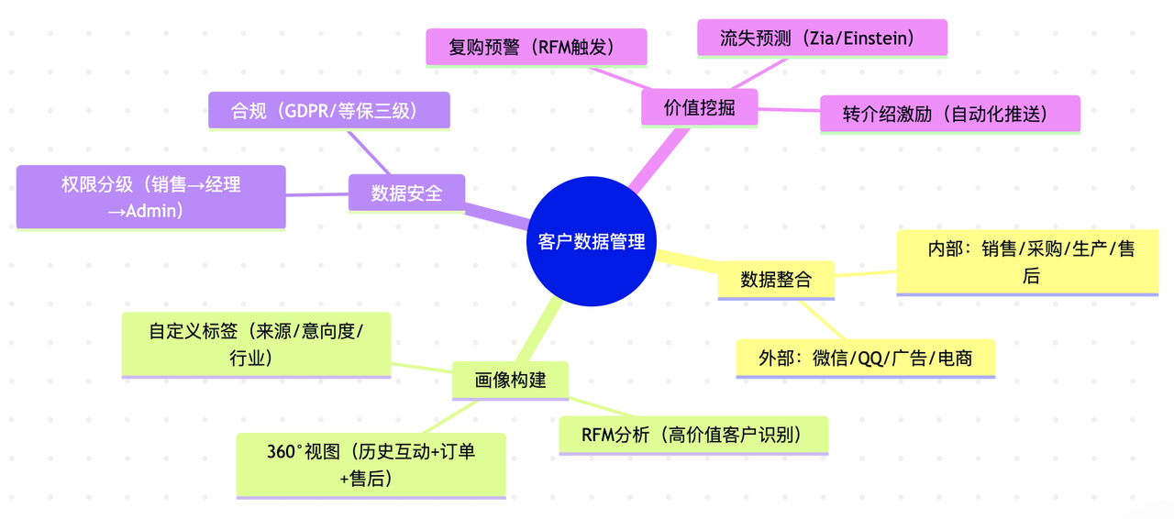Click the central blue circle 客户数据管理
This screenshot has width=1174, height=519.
tap(591, 241)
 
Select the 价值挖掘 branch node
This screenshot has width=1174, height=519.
tap(699, 107)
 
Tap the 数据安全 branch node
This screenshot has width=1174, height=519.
tap(406, 193)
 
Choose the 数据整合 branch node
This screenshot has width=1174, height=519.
tap(775, 279)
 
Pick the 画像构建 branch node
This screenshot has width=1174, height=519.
tap(510, 380)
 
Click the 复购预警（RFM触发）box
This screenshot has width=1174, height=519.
tap(536, 47)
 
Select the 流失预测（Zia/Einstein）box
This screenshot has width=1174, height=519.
tap(821, 39)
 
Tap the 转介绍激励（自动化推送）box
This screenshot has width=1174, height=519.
tap(949, 114)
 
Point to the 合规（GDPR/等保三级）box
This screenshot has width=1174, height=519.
tap(328, 110)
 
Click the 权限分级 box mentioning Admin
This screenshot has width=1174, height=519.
tap(150, 196)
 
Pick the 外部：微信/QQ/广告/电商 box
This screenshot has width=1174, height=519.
tap(865, 358)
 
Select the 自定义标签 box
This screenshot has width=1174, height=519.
tap(256, 344)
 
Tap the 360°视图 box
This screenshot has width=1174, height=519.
tap(371, 464)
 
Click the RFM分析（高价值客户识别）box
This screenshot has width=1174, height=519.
tap(693, 434)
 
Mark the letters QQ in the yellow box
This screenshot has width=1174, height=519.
tap(869, 359)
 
